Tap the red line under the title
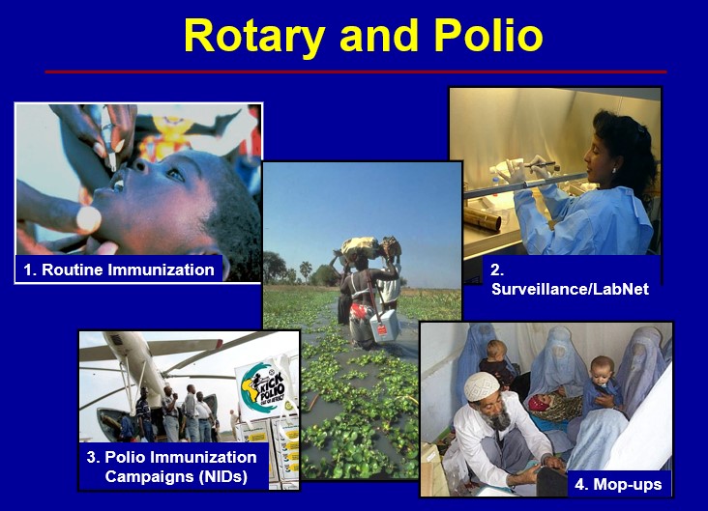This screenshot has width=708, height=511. (355, 71)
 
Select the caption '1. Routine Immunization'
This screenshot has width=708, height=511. (119, 270)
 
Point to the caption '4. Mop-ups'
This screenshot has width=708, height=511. (618, 484)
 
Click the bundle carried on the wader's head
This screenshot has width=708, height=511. (365, 248)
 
